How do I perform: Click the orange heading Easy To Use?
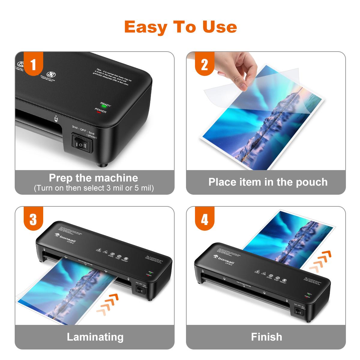point(180,27)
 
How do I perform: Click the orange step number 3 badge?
point(33,219)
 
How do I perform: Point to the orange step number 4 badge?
point(204,219)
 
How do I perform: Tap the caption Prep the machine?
point(93,178)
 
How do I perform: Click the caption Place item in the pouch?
point(268,182)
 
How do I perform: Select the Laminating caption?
point(95,337)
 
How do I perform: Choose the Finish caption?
point(266,337)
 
